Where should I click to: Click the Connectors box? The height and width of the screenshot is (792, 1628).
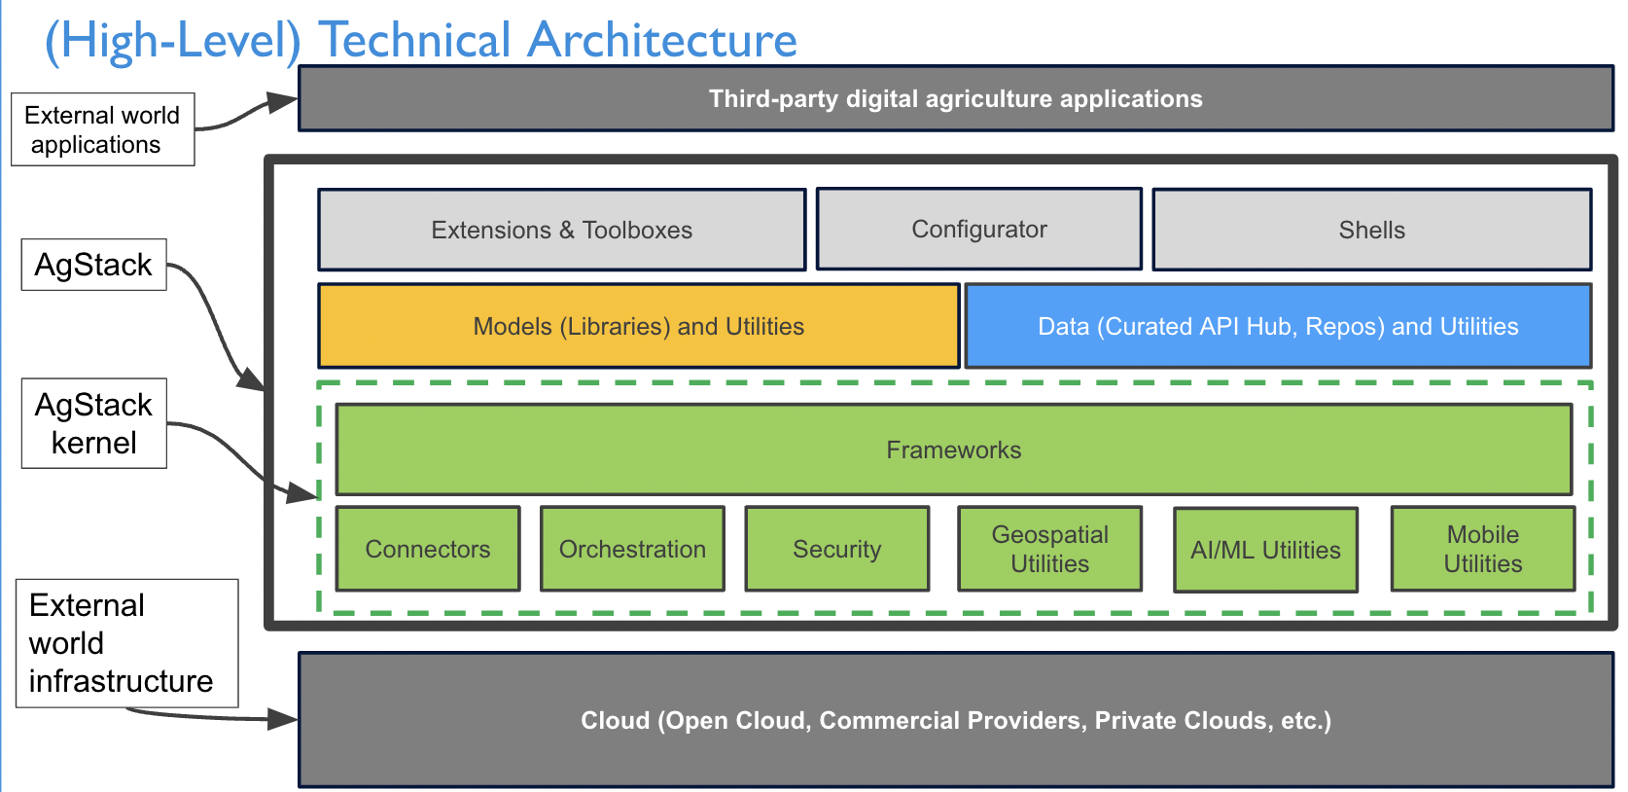pyautogui.click(x=427, y=549)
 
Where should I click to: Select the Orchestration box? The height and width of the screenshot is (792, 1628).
pyautogui.click(x=632, y=549)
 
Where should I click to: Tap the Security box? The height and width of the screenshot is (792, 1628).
pyautogui.click(x=837, y=549)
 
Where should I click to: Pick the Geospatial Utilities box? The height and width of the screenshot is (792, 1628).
pyautogui.click(x=1049, y=549)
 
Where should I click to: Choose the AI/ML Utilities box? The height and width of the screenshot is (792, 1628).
pyautogui.click(x=1265, y=550)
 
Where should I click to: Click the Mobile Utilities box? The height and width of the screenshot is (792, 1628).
pyautogui.click(x=1483, y=549)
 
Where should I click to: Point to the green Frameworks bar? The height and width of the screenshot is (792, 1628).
pyautogui.click(x=953, y=450)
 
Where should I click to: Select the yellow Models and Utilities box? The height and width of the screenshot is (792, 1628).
pyautogui.click(x=639, y=326)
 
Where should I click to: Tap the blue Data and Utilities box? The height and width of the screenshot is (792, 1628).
pyautogui.click(x=1279, y=326)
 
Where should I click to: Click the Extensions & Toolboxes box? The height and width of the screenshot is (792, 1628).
pyautogui.click(x=562, y=230)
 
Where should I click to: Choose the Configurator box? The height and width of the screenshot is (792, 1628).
pyautogui.click(x=979, y=229)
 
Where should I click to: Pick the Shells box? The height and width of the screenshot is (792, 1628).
pyautogui.click(x=1372, y=230)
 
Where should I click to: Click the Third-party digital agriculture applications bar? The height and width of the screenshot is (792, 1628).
pyautogui.click(x=956, y=98)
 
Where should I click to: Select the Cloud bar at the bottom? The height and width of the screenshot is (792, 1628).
pyautogui.click(x=956, y=720)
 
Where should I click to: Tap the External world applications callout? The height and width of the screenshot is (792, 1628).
pyautogui.click(x=102, y=129)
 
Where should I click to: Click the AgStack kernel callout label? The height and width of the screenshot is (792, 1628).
pyautogui.click(x=93, y=423)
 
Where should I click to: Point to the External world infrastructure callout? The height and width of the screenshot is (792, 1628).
pyautogui.click(x=127, y=643)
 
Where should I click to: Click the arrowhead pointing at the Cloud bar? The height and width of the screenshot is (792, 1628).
pyautogui.click(x=282, y=719)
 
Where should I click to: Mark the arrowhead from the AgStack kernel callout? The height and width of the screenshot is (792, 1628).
pyautogui.click(x=302, y=492)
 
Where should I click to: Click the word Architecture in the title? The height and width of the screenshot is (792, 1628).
pyautogui.click(x=662, y=39)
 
